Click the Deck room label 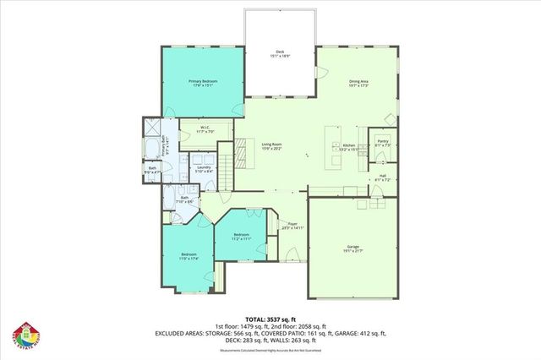click(280, 52)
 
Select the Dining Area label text click(359, 81)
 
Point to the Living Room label click(271, 145)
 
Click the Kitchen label click(348, 145)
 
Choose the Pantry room click(382, 141)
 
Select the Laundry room click(203, 167)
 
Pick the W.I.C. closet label click(202, 128)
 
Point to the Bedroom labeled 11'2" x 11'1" click(241, 234)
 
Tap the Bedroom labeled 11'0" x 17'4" click(188, 254)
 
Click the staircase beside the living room click(226, 166)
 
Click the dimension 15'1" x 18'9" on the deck click(280, 56)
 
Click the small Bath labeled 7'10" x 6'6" click(185, 199)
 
